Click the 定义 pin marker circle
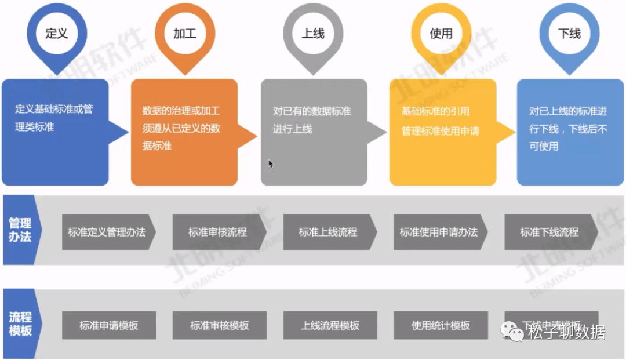pyautogui.click(x=57, y=32)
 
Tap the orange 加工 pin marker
pyautogui.click(x=185, y=32)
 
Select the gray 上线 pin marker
pyautogui.click(x=313, y=32)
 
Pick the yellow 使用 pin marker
pyautogui.click(x=441, y=32)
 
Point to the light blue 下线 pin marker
pyautogui.click(x=569, y=32)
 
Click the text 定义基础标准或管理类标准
pyautogui.click(x=54, y=118)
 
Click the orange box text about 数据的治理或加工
pyautogui.click(x=181, y=128)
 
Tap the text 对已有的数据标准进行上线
pyautogui.click(x=312, y=120)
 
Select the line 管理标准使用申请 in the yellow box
pyautogui.click(x=441, y=131)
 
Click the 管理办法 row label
pyautogui.click(x=20, y=230)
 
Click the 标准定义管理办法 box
pyautogui.click(x=107, y=232)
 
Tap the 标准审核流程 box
pyautogui.click(x=218, y=232)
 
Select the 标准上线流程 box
pyautogui.click(x=329, y=232)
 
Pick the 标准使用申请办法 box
pyautogui.click(x=439, y=232)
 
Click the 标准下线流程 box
pyautogui.click(x=549, y=232)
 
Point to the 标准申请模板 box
pyautogui.click(x=109, y=325)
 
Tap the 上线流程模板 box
pyautogui.click(x=330, y=325)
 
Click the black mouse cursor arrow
pyautogui.click(x=271, y=164)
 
